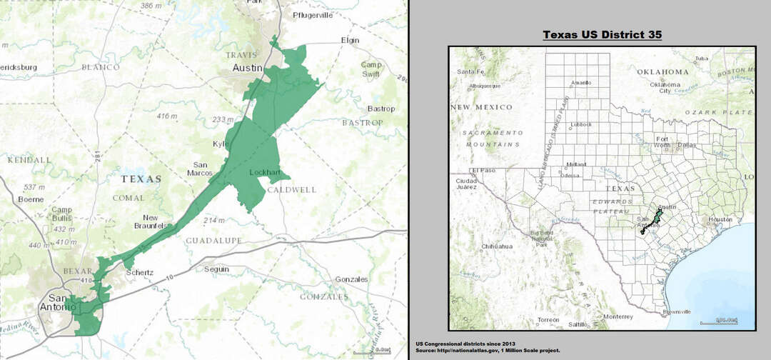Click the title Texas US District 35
point(602,34)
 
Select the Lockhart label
point(263,173)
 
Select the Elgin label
point(351,40)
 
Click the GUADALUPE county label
point(213,241)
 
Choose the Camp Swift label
point(371,69)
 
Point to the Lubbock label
point(580,124)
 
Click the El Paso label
point(483,171)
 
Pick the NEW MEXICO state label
point(481,107)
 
